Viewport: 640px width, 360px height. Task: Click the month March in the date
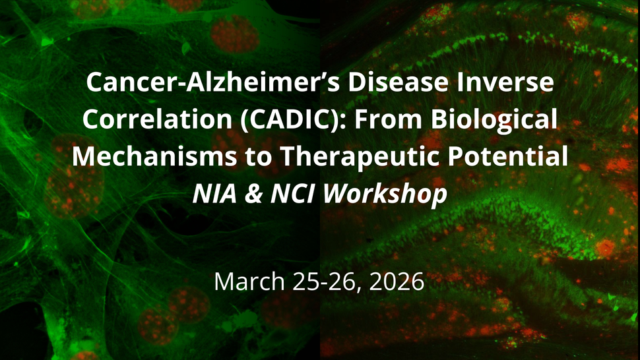245,282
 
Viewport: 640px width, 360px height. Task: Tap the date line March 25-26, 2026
319,282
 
